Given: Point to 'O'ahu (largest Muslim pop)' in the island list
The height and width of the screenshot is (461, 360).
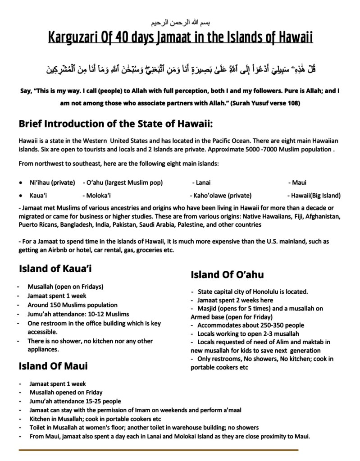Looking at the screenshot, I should pyautogui.click(x=123, y=183).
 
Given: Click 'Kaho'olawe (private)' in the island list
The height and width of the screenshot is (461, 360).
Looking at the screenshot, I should pyautogui.click(x=221, y=196).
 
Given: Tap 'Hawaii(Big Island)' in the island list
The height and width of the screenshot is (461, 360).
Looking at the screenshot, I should pyautogui.click(x=314, y=196).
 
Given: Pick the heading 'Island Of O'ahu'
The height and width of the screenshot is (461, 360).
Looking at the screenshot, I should pyautogui.click(x=227, y=274).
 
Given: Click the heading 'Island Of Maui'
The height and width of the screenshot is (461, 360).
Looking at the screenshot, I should pyautogui.click(x=53, y=365).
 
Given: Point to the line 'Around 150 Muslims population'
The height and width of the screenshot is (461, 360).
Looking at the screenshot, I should pyautogui.click(x=73, y=305).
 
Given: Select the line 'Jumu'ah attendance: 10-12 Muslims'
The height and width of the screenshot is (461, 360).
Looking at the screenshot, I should pyautogui.click(x=78, y=314).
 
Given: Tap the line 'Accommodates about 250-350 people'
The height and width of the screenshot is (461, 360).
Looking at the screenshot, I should pyautogui.click(x=251, y=325).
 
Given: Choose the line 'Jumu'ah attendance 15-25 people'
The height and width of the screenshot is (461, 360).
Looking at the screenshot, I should pyautogui.click(x=75, y=401).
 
